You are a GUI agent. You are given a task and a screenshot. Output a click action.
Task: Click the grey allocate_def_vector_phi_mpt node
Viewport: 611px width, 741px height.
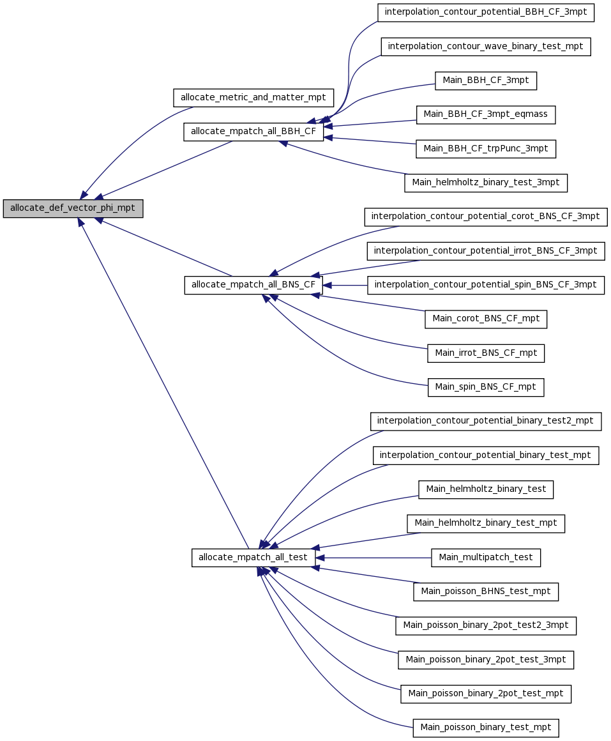(x=73, y=208)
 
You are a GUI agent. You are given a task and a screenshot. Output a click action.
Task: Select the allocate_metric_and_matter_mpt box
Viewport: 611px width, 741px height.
(x=253, y=98)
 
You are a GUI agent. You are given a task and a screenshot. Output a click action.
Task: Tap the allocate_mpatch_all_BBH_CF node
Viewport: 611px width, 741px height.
(x=253, y=132)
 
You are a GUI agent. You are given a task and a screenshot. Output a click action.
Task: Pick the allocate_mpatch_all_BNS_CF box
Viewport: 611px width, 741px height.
(x=253, y=285)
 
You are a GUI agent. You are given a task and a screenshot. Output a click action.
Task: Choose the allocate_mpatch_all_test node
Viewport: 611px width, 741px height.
(x=253, y=558)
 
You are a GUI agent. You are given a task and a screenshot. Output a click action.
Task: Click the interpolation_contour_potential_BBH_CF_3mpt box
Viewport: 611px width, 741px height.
(x=485, y=12)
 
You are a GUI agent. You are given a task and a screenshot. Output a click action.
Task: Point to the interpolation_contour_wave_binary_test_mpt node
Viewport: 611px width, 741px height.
(x=485, y=46)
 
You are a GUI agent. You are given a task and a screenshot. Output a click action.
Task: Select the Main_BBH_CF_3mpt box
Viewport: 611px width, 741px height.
(x=485, y=80)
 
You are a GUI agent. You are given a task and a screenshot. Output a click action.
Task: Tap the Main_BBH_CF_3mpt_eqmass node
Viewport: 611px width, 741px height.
(x=485, y=114)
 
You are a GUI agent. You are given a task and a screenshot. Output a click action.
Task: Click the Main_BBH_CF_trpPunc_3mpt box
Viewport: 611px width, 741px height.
(x=485, y=149)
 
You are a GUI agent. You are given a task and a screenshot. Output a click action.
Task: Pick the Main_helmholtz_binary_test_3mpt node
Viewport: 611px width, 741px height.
(x=485, y=183)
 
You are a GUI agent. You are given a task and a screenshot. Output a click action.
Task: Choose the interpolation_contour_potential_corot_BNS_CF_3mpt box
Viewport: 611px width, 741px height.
(x=485, y=217)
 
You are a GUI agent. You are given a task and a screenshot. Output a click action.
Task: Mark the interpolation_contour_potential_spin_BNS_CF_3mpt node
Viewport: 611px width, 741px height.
(x=485, y=285)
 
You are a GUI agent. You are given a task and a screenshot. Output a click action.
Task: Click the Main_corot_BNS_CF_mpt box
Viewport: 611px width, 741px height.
(x=485, y=319)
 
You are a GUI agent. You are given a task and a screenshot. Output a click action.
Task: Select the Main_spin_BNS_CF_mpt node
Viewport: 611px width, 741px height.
(x=485, y=388)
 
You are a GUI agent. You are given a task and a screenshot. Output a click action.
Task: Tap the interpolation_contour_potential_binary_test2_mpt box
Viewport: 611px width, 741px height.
(x=485, y=421)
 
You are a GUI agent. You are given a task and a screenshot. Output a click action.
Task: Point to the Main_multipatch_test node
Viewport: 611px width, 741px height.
(x=485, y=558)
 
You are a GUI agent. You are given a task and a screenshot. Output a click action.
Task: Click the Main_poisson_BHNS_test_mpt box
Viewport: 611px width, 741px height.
(x=485, y=592)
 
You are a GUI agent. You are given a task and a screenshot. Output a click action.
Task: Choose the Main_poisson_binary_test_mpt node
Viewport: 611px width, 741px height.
(x=485, y=728)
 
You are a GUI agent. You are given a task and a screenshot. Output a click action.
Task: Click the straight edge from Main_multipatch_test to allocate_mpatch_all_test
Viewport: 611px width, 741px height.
(x=373, y=558)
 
